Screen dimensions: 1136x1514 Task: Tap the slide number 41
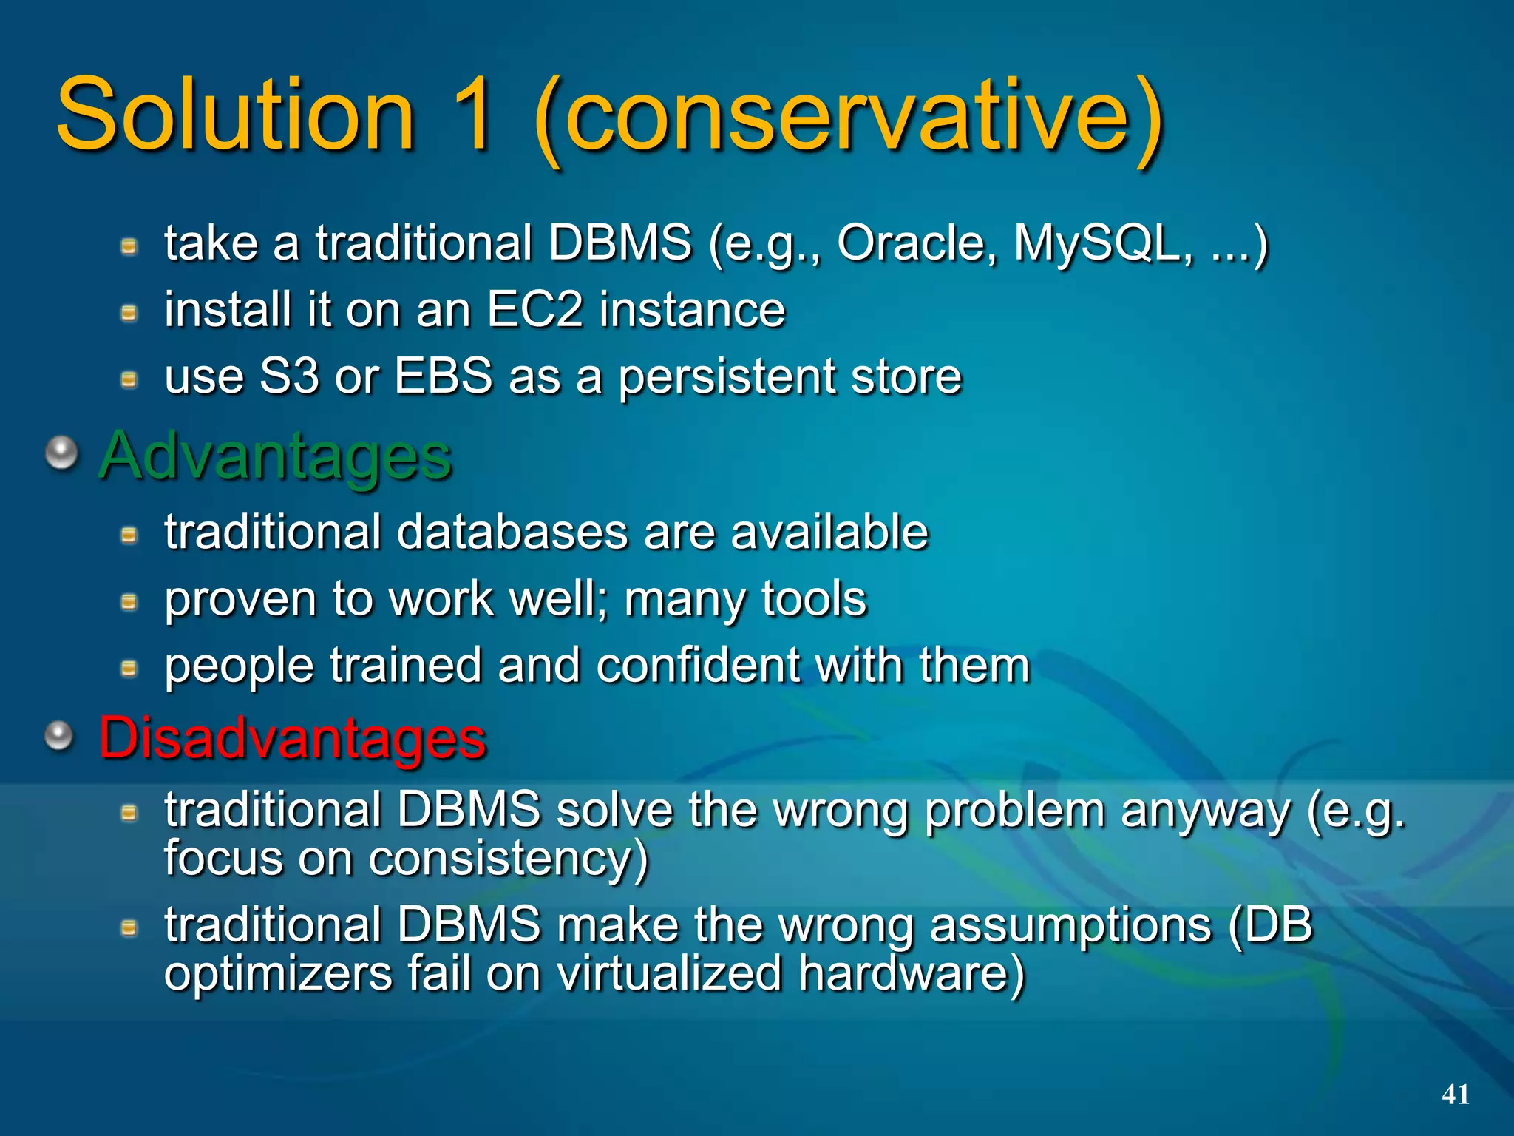[x=1455, y=1095]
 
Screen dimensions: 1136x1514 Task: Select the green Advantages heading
[x=276, y=456]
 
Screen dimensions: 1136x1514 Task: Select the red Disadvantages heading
[x=293, y=737]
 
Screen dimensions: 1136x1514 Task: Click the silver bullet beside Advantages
[x=62, y=453]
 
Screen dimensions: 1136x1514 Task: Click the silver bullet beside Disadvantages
[x=59, y=735]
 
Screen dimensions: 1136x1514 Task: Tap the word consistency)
[x=509, y=859]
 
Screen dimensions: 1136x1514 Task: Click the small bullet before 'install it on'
[x=129, y=313]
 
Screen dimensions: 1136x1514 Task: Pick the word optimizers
[x=278, y=974]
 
